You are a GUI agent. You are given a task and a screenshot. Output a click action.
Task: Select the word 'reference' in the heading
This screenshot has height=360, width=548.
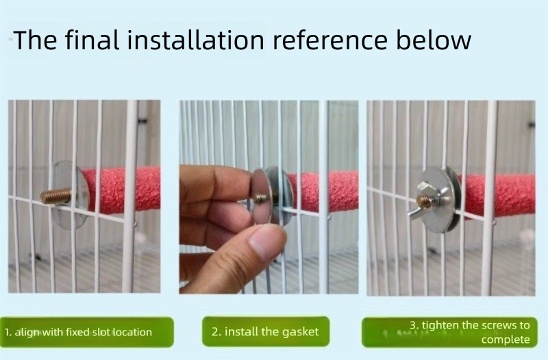pyautogui.click(x=329, y=40)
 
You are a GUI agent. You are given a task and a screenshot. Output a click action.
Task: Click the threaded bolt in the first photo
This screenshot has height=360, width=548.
pyautogui.click(x=56, y=196)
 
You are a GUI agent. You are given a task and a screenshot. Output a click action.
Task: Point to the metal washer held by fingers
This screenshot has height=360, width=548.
pyautogui.click(x=262, y=196)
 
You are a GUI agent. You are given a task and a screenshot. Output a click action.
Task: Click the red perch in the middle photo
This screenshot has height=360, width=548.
pyautogui.click(x=321, y=192)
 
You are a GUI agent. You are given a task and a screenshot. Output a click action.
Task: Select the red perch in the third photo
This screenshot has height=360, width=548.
pyautogui.click(x=498, y=195)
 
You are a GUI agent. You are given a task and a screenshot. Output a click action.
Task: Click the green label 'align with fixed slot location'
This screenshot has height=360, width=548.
pyautogui.click(x=86, y=332)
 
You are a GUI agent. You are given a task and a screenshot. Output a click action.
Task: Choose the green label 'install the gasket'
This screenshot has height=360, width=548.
pyautogui.click(x=266, y=331)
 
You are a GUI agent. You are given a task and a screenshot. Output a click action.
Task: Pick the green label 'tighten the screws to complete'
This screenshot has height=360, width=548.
pyautogui.click(x=449, y=332)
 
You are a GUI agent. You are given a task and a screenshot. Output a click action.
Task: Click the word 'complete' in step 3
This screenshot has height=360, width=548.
pyautogui.click(x=506, y=339)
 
